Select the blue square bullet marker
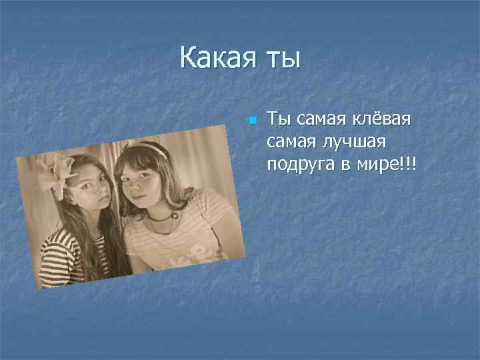(x=252, y=121)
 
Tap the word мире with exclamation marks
(x=383, y=163)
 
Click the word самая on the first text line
(x=319, y=120)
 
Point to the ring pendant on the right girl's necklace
(x=174, y=215)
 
